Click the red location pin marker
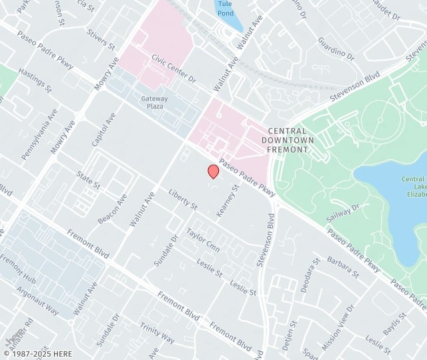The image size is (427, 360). pos(213,171)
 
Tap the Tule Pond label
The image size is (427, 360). pos(225,7)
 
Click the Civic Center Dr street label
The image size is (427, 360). pos(173,69)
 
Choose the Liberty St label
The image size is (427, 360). pos(183,199)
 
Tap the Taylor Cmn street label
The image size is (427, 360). pos(203,237)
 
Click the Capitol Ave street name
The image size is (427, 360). pos(103,129)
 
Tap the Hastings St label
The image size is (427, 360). pos(35,80)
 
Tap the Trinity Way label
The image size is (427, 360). pos(157,334)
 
